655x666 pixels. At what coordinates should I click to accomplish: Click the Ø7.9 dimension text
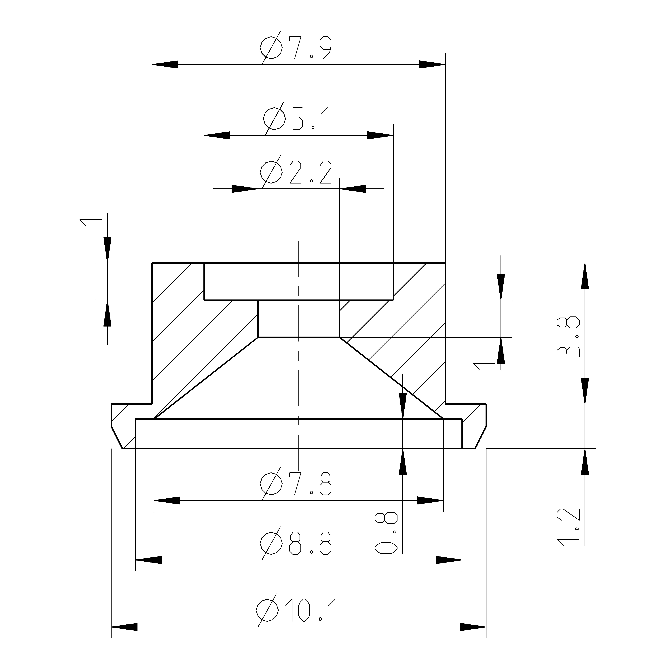pos(296,48)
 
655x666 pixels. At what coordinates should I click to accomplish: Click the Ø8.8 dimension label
pos(296,544)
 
